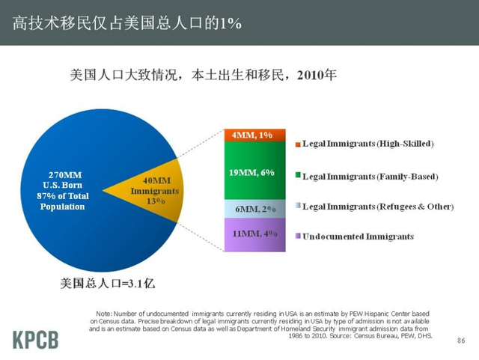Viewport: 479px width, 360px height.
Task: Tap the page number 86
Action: pos(461,341)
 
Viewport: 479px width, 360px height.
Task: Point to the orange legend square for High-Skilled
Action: pos(297,143)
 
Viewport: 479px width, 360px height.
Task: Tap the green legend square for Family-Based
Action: pos(297,177)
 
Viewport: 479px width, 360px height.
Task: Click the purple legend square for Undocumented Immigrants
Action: pos(297,237)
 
